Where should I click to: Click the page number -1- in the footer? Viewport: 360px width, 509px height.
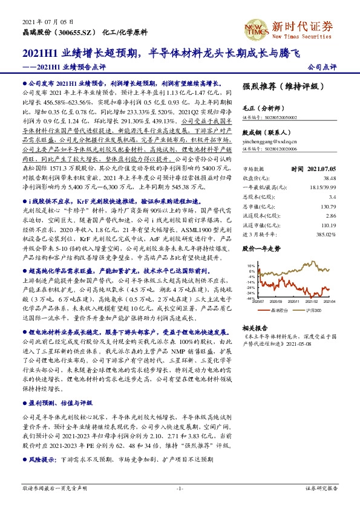click(x=180, y=488)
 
